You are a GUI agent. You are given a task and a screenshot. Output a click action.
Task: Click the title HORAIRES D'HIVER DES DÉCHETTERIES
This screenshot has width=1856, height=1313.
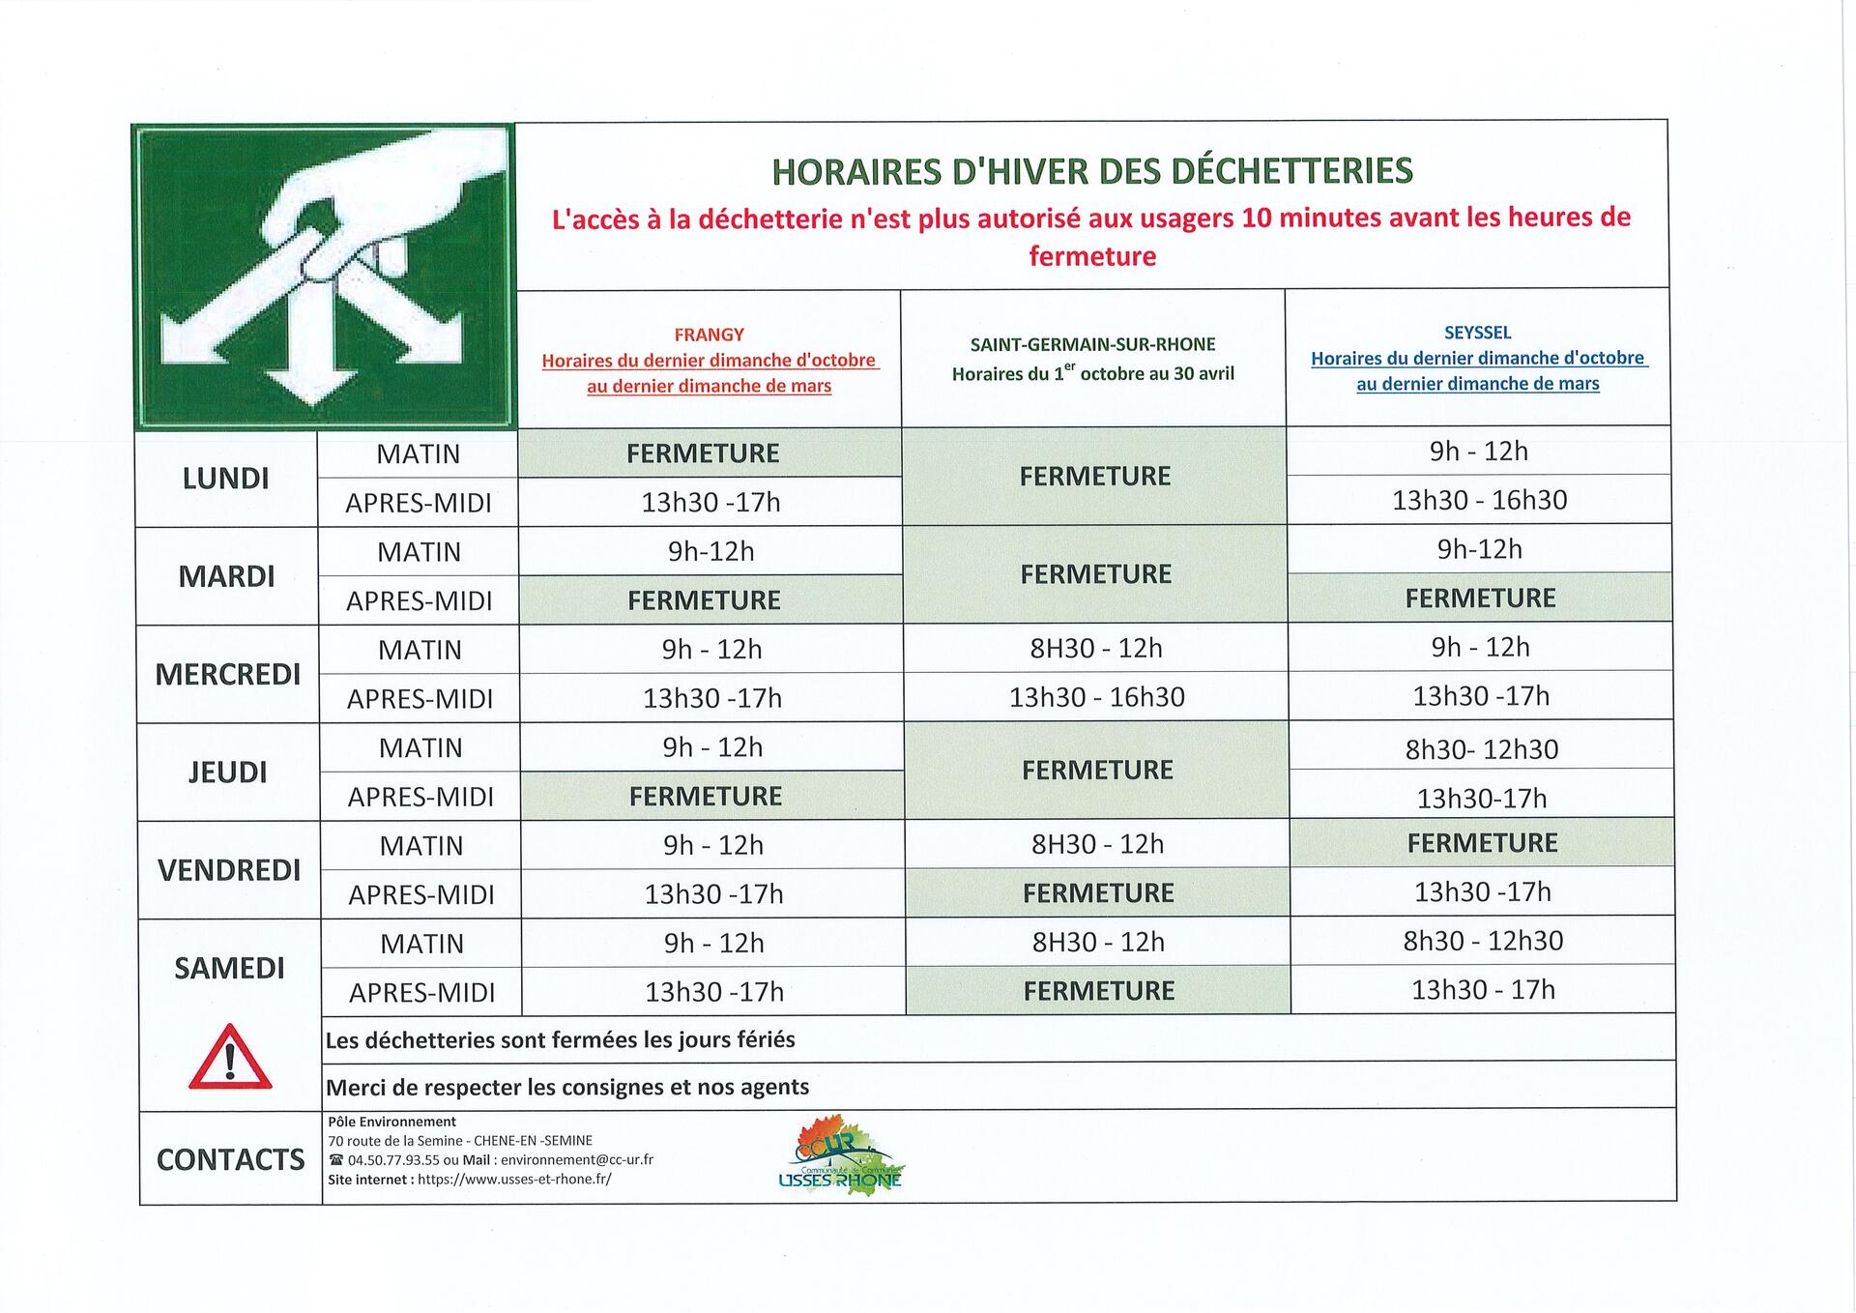pos(1092,171)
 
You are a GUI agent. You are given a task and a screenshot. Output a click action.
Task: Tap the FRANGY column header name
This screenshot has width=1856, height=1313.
pos(709,335)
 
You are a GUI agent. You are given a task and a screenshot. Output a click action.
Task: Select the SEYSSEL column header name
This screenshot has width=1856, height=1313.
pos(1477,333)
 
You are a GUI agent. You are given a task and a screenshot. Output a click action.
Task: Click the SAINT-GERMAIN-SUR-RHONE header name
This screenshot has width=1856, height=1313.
pos(1092,344)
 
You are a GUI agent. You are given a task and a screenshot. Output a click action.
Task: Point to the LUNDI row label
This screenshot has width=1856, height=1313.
pos(225,479)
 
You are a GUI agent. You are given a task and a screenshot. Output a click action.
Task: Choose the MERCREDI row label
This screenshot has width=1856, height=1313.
pos(228,674)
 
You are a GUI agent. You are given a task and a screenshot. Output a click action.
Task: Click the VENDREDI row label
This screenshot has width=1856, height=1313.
pos(229,870)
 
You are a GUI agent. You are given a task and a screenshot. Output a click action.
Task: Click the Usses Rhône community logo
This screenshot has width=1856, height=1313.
pos(840,1155)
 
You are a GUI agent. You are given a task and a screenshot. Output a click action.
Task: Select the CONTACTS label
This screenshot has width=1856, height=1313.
pos(230,1159)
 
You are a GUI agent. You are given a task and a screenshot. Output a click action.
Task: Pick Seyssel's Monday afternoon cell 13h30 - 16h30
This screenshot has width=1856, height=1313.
pos(1479,500)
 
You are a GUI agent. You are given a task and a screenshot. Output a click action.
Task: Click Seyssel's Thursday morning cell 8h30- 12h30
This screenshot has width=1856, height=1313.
pos(1481,749)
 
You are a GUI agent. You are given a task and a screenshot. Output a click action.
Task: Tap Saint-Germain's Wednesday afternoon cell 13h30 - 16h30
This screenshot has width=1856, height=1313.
pos(1096,697)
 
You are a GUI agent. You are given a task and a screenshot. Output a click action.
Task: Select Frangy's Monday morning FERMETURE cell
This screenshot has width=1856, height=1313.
pos(703,453)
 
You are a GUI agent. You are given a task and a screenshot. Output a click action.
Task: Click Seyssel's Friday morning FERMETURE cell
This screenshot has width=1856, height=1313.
pos(1482,843)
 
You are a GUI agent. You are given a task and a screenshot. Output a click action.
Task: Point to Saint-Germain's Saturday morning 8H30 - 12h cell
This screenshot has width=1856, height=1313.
pos(1098,942)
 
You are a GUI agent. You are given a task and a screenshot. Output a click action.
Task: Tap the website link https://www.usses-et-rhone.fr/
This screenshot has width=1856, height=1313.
pos(514,1180)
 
